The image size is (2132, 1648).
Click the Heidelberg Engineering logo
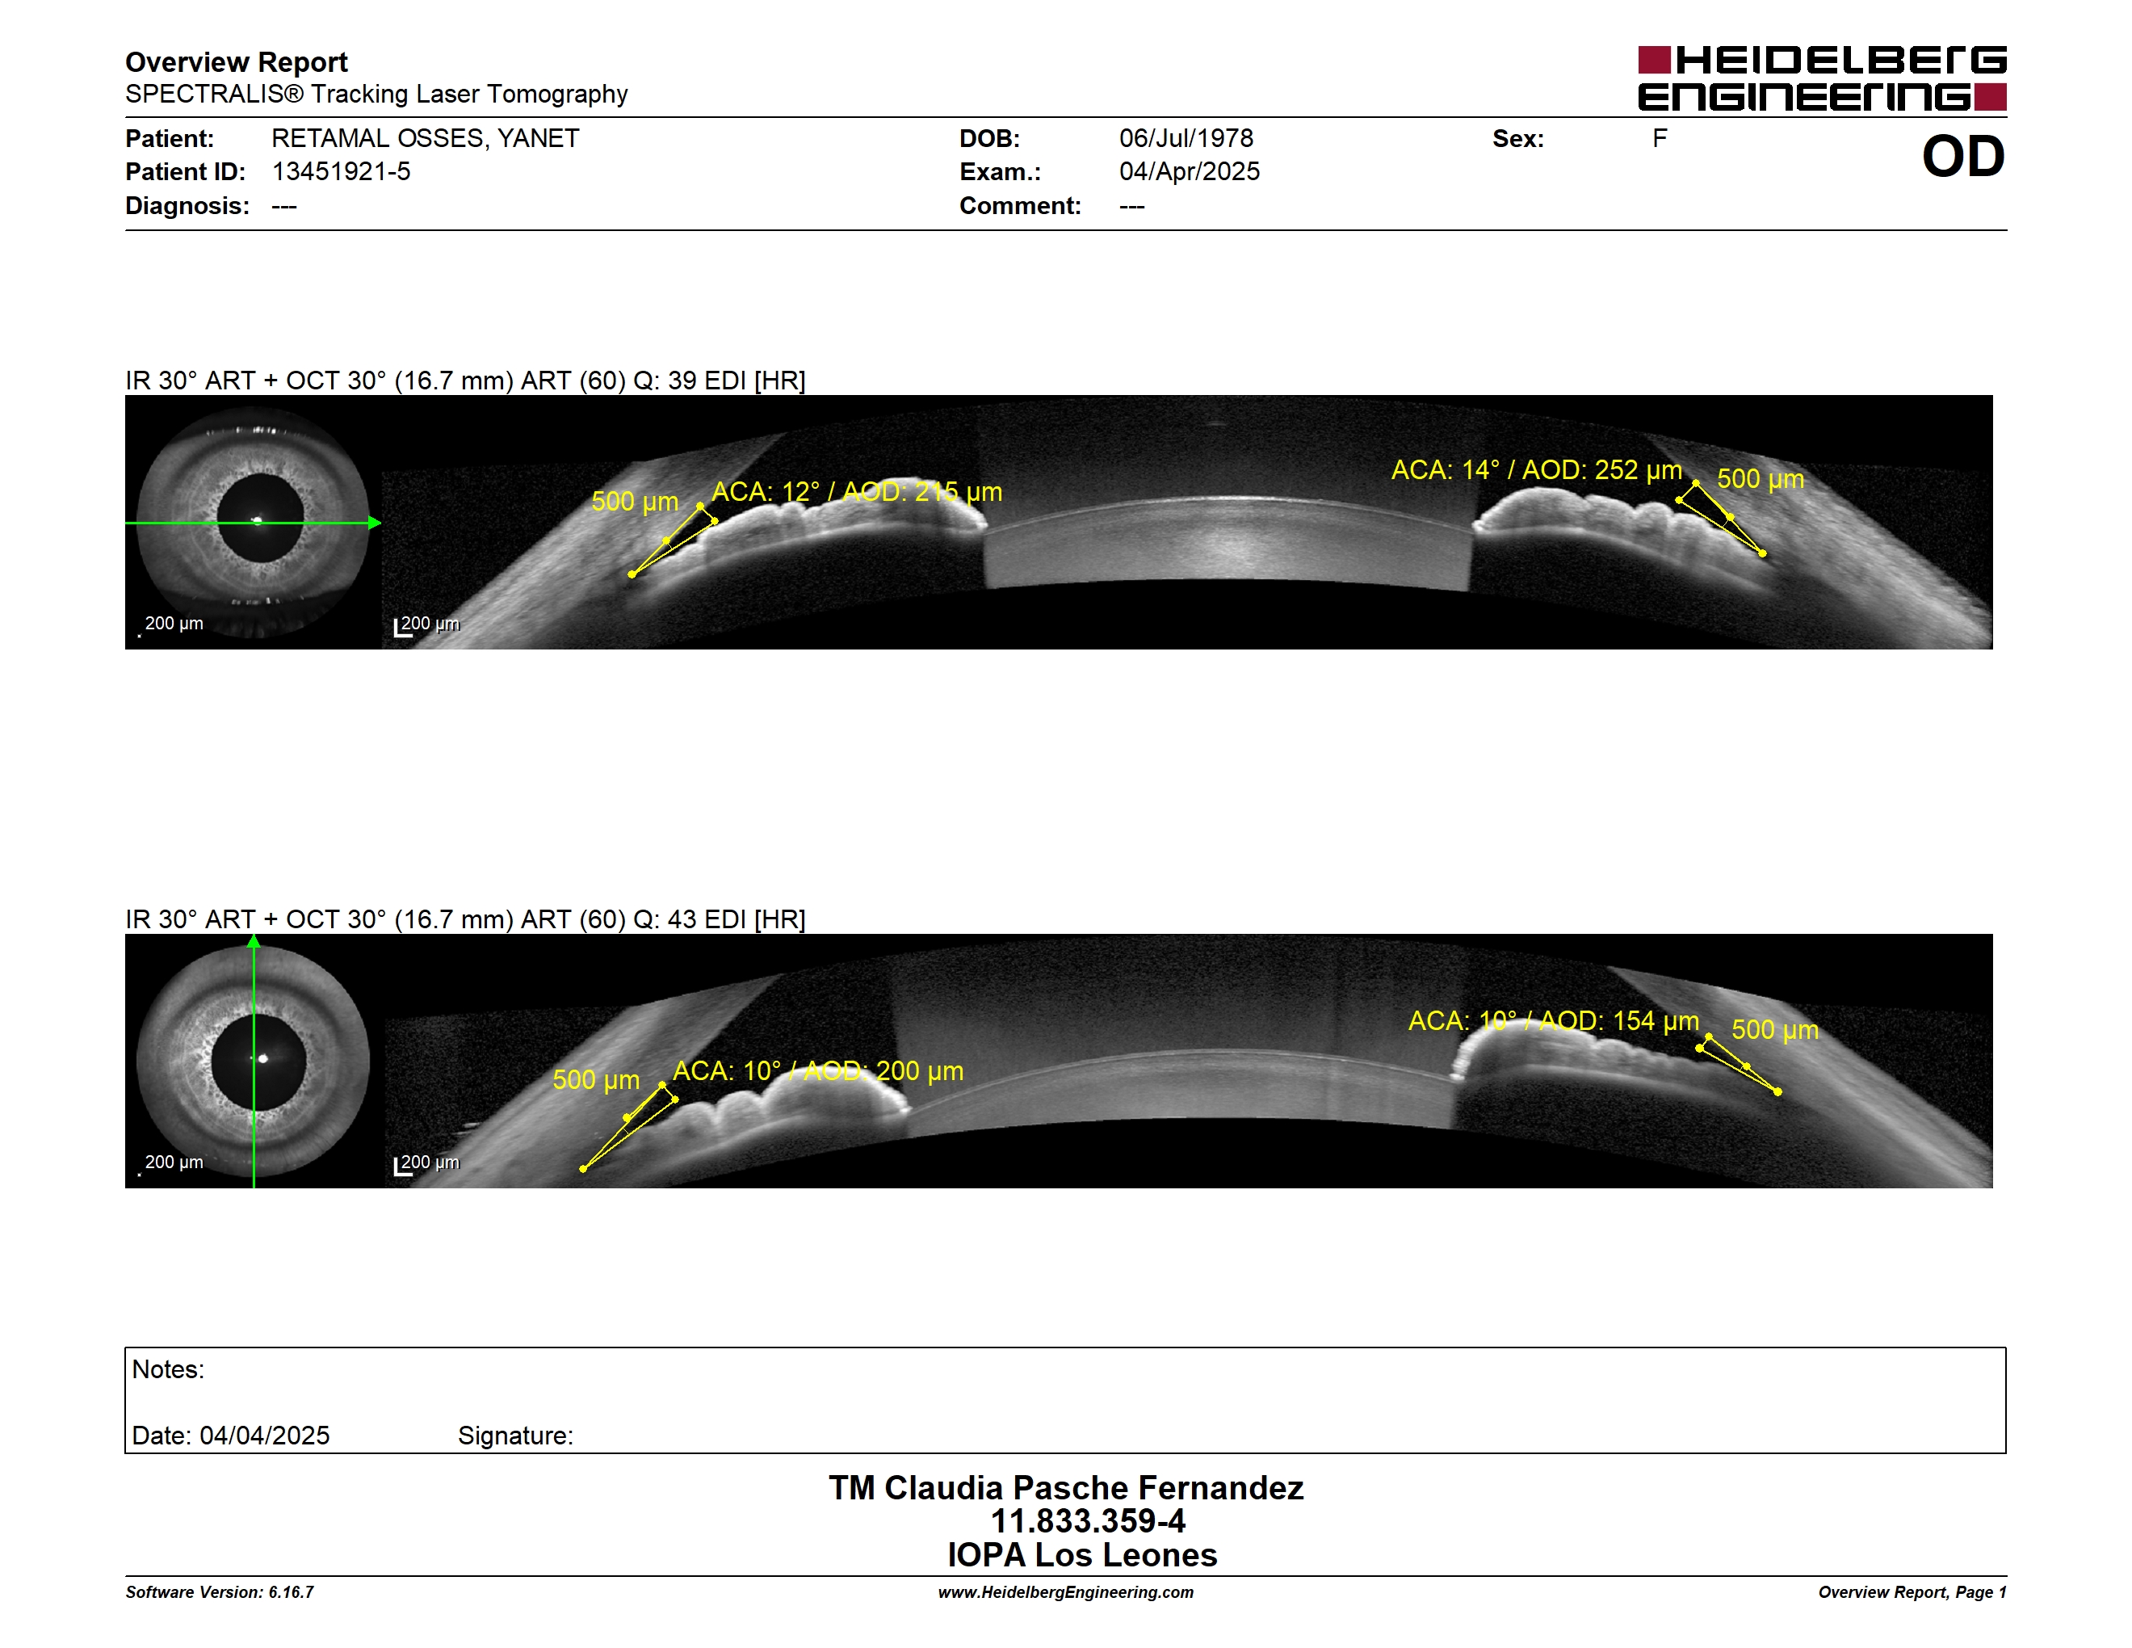tap(1822, 78)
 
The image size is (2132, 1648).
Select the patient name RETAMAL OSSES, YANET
tap(426, 139)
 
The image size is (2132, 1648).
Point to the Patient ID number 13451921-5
tap(341, 172)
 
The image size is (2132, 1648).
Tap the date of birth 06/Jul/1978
tap(1186, 139)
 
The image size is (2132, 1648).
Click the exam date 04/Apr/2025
tap(1189, 172)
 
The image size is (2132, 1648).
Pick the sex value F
tap(1660, 139)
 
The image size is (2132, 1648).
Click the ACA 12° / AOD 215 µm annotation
tap(856, 492)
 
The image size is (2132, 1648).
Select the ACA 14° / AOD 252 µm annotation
tap(1537, 471)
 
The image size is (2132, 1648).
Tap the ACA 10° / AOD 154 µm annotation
tap(1553, 1021)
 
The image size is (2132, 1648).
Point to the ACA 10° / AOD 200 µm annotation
tap(818, 1071)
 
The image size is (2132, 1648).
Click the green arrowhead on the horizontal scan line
tap(375, 523)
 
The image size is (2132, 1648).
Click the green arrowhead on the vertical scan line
tap(254, 942)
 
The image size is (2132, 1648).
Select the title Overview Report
tap(237, 62)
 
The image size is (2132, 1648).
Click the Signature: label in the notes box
tap(515, 1436)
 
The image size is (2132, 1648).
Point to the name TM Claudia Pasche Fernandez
tap(1066, 1488)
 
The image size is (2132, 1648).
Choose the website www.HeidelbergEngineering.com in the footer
tap(1066, 1592)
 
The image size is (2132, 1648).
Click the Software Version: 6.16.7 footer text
tap(220, 1592)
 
